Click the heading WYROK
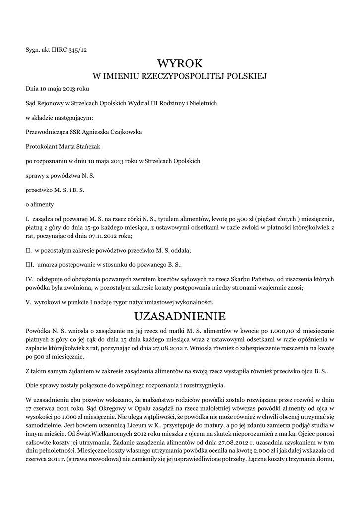(180, 63)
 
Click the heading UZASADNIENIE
(180, 316)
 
